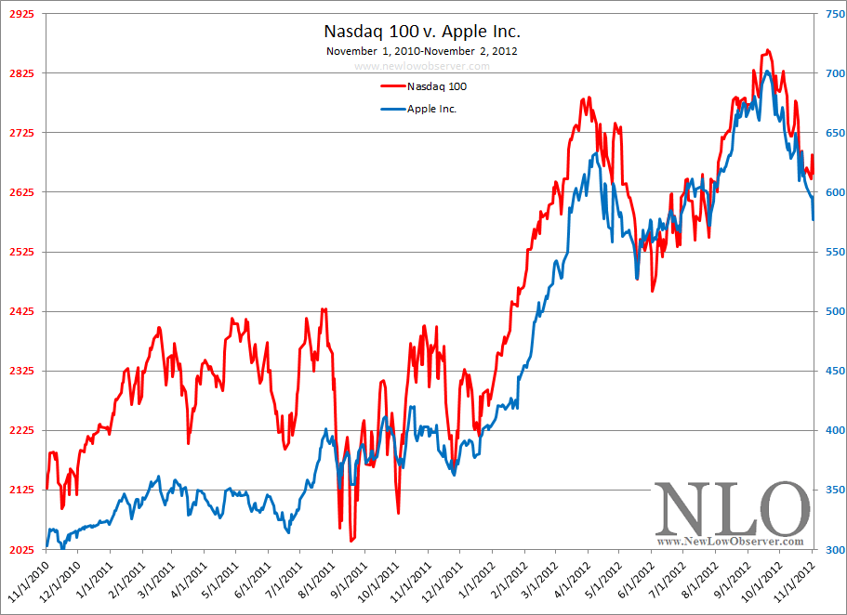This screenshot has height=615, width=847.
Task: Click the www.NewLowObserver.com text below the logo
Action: click(x=730, y=541)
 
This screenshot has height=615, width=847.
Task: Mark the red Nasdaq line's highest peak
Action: click(x=767, y=50)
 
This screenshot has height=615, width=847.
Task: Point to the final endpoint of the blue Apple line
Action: click(x=814, y=220)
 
